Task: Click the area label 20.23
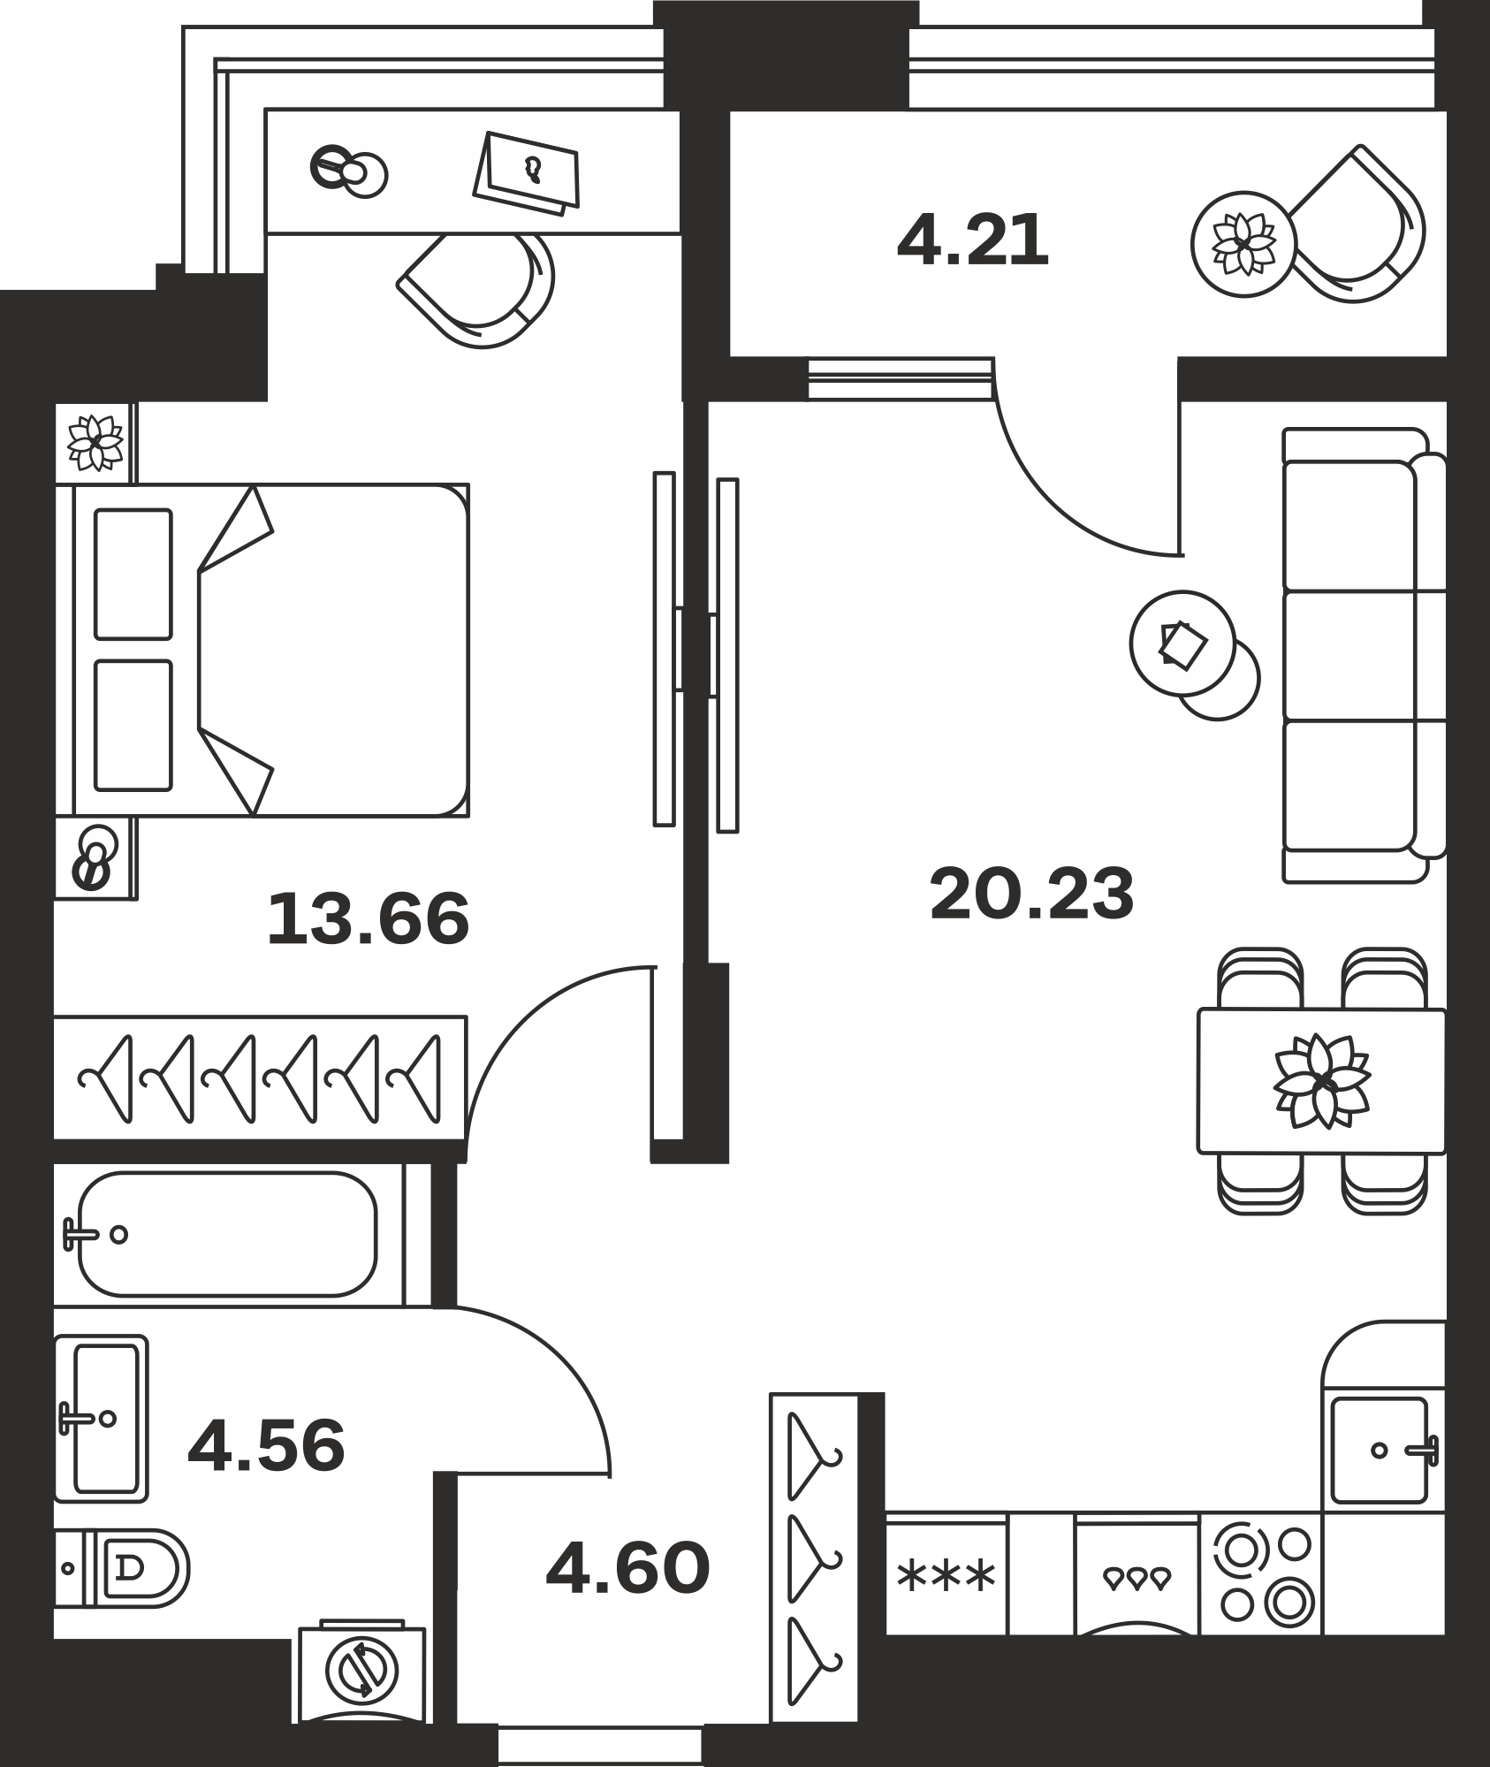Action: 1031,894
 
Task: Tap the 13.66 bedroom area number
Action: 368,918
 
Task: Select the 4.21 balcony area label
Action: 972,240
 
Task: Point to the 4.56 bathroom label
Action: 266,1444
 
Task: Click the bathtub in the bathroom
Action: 227,1234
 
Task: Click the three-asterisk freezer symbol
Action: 946,1575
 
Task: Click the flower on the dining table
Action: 1321,1080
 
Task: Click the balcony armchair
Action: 1354,225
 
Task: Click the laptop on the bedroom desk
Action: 527,172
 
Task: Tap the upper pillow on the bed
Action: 133,574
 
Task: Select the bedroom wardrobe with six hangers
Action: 260,1078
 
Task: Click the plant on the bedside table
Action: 96,443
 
